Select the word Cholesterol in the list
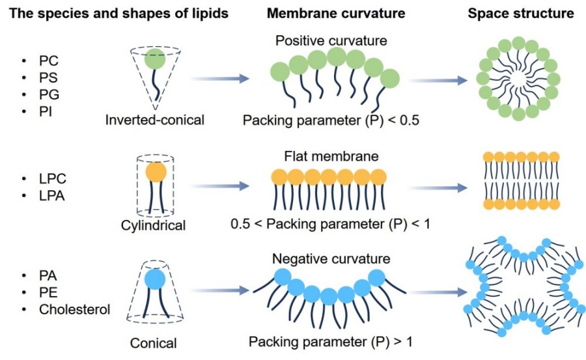coord(73,309)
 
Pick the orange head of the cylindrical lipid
coord(156,173)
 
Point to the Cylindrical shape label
coord(153,226)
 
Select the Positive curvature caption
coord(331,41)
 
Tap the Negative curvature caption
coord(331,258)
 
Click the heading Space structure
coord(521,13)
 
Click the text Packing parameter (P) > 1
coord(329,340)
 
